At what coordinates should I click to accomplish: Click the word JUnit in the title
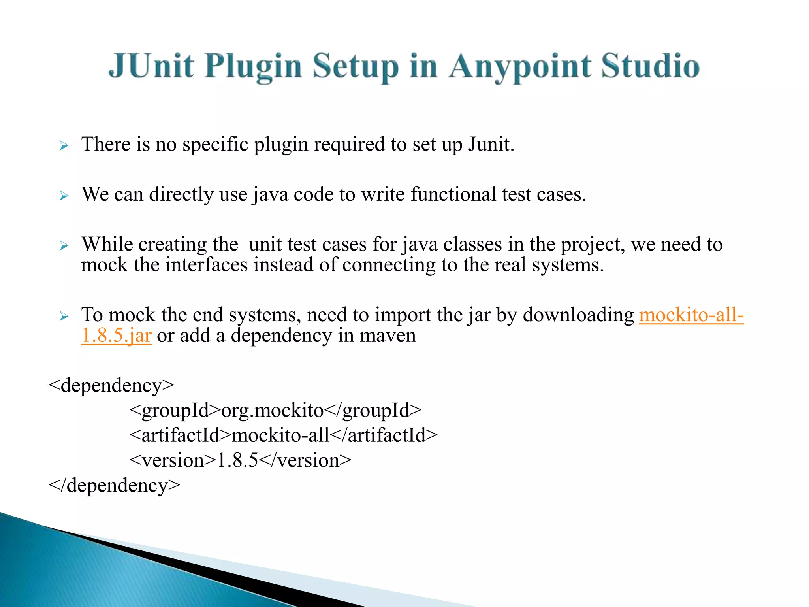click(x=151, y=66)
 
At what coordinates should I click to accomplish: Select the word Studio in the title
click(x=650, y=66)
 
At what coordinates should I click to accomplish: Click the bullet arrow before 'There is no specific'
click(x=64, y=146)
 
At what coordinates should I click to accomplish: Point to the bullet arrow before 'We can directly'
click(x=64, y=196)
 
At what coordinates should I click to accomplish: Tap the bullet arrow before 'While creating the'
click(x=64, y=246)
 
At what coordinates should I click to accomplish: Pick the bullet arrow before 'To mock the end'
click(x=64, y=316)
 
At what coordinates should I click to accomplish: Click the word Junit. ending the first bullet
click(x=491, y=144)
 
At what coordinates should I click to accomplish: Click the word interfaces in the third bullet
click(x=206, y=265)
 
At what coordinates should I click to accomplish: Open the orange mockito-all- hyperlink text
click(x=691, y=315)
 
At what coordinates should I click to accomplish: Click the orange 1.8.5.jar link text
click(x=116, y=336)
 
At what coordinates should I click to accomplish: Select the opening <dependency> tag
click(x=111, y=385)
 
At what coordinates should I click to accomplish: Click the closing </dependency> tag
click(x=114, y=485)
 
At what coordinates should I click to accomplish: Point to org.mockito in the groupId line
click(x=272, y=411)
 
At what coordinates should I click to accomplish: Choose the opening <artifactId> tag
click(x=180, y=435)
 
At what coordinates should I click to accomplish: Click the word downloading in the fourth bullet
click(x=578, y=315)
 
